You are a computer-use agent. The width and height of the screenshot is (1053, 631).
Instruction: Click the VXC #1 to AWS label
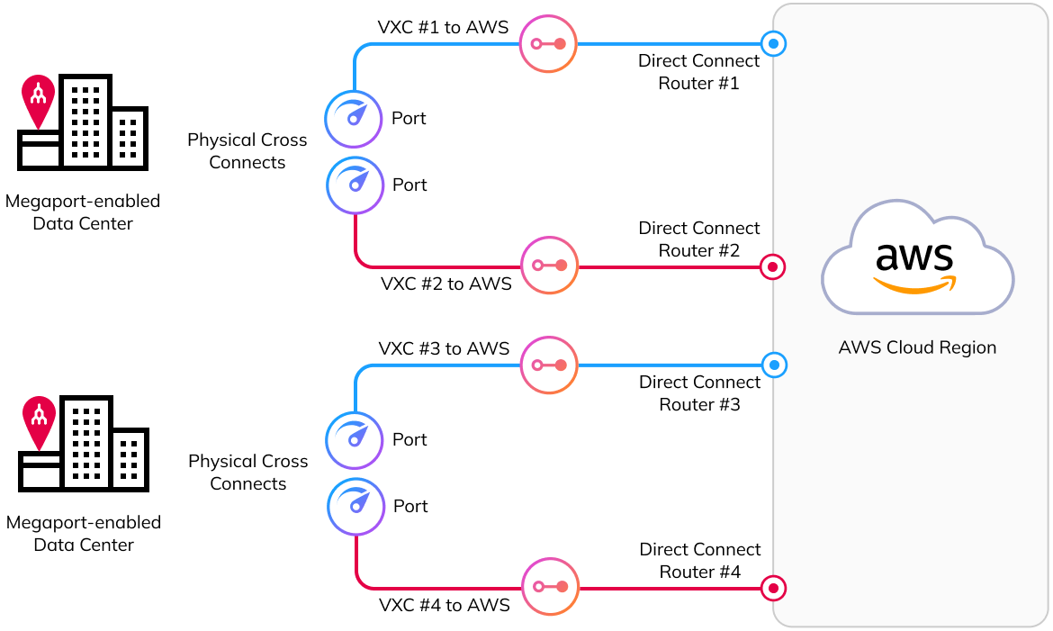[x=443, y=27]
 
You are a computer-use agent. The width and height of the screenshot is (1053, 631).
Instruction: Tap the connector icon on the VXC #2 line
[x=548, y=266]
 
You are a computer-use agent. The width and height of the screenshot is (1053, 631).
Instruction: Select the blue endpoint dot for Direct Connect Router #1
[x=773, y=42]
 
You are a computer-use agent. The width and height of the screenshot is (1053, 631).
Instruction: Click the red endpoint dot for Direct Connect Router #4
[x=773, y=589]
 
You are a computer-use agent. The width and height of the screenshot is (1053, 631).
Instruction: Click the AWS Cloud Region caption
[x=917, y=347]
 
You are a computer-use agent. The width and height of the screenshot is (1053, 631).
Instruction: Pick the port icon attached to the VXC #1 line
[x=354, y=119]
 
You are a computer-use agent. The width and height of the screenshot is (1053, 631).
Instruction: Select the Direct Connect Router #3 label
[x=700, y=393]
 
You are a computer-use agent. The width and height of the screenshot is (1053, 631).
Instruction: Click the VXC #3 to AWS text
[x=444, y=348]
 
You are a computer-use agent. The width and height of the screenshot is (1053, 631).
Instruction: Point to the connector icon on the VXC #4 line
[x=550, y=587]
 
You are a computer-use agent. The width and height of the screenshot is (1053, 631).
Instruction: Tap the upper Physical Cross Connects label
[x=247, y=151]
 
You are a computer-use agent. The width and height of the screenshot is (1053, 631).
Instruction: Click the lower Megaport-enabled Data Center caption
[x=84, y=533]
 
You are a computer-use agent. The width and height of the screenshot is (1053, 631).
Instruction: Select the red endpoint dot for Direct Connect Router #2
[x=772, y=266]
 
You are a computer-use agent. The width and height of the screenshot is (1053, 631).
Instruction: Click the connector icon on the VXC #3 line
[x=549, y=365]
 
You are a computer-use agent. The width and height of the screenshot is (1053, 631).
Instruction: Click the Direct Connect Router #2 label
[x=699, y=239]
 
